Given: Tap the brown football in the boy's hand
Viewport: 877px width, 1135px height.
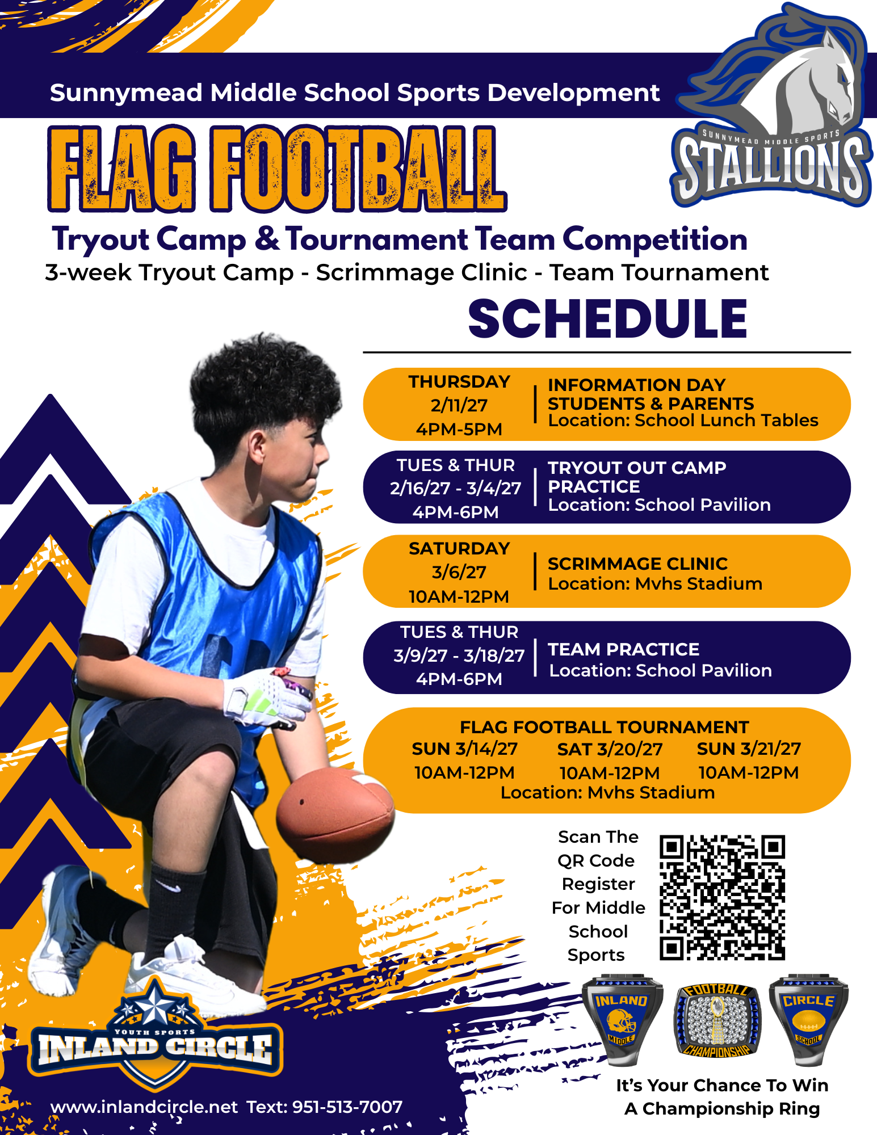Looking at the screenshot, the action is coord(335,815).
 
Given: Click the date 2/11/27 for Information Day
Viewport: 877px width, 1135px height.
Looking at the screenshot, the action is coord(459,405).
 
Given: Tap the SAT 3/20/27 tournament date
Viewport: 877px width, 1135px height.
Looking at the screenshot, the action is coord(610,749).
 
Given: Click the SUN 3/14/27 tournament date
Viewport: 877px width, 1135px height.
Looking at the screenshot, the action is coord(464,749).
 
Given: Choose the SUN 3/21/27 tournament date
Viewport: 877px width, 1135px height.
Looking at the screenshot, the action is coord(749,749).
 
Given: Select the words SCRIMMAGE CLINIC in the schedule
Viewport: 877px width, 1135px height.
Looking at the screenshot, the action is coord(637,564).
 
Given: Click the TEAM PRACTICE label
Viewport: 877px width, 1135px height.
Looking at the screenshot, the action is coord(623,649).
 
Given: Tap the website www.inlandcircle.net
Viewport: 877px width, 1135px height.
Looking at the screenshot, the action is coord(144,1107).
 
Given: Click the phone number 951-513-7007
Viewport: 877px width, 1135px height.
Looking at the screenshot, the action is coord(347,1107).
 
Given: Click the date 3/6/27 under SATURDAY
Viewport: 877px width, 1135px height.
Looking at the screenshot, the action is coord(459,572).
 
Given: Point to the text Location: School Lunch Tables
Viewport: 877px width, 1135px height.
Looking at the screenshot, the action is coord(683,421).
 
